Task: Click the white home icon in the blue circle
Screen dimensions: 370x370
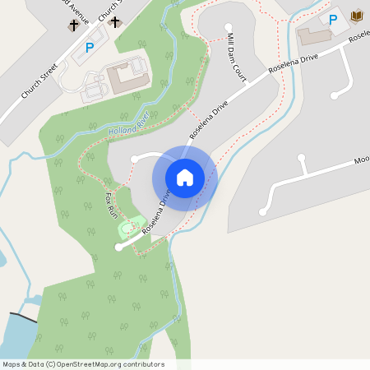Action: pos(185,177)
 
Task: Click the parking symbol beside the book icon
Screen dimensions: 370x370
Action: pos(333,19)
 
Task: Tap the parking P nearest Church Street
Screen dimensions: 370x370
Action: pos(89,49)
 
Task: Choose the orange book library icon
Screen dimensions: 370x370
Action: pos(356,16)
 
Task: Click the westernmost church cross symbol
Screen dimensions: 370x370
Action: pos(73,25)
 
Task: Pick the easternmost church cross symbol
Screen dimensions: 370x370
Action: pos(115,22)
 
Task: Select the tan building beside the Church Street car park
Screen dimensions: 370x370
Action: pos(127,76)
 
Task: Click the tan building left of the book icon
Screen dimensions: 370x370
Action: pos(314,35)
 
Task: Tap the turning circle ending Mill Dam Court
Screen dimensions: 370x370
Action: pos(229,26)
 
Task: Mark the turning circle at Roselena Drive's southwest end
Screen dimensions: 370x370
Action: pos(118,247)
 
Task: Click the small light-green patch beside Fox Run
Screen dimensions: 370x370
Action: pos(128,227)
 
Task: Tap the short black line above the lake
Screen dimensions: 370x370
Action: pos(23,317)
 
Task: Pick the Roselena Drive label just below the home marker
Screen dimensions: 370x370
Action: pos(156,213)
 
